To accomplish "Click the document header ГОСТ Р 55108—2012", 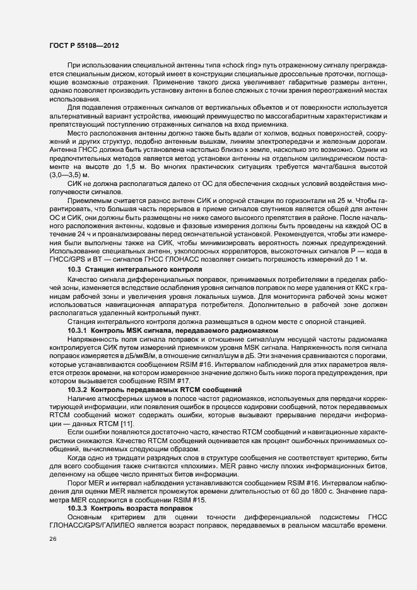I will click(x=83, y=46).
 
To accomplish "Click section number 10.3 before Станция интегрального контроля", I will click(x=76, y=269).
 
